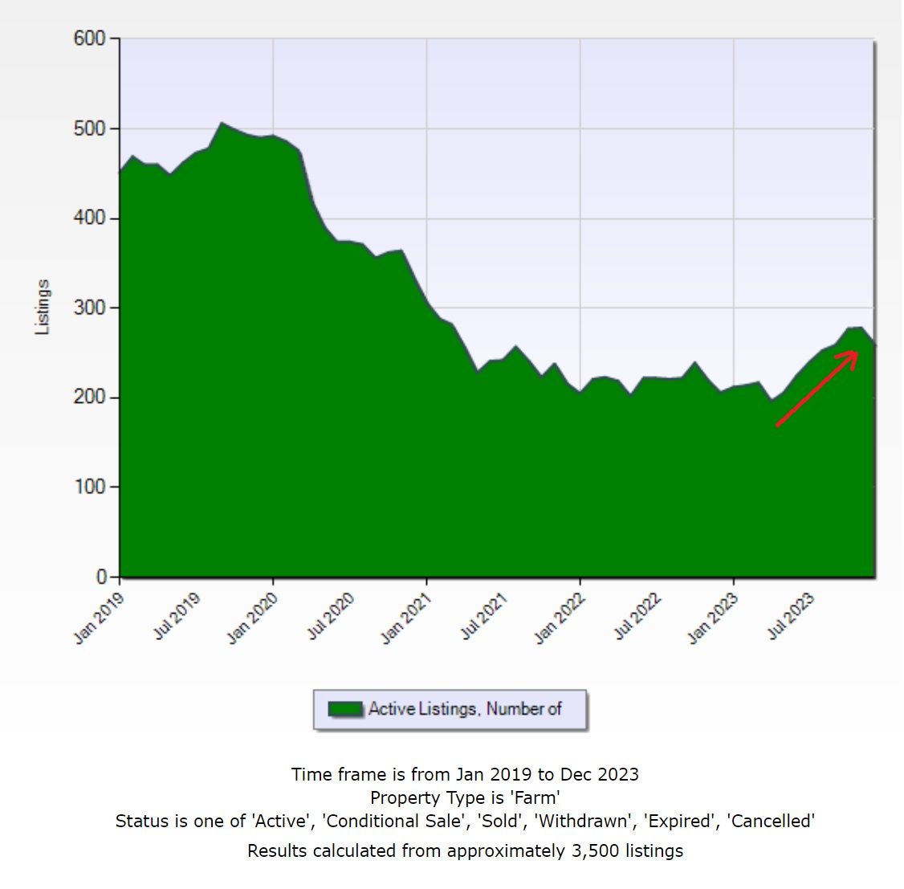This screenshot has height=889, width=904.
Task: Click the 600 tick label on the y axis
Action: click(x=89, y=39)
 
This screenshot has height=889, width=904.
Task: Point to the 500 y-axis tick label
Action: click(x=89, y=128)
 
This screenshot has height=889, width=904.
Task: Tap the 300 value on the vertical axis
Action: click(x=89, y=308)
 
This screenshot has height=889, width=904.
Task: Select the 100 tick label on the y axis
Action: click(x=89, y=487)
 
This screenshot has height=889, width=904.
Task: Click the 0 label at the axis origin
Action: click(x=101, y=577)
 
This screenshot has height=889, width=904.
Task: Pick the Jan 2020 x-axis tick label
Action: click(x=253, y=618)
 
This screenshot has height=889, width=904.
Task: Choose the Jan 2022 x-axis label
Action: click(x=560, y=618)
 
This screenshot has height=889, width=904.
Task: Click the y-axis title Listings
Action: click(x=43, y=307)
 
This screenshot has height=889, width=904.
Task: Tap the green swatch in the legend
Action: click(x=345, y=710)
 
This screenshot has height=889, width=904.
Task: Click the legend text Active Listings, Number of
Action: click(x=465, y=709)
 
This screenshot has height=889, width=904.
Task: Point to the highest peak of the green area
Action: click(x=222, y=124)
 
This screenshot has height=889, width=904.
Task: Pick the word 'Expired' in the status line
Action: click(x=681, y=821)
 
